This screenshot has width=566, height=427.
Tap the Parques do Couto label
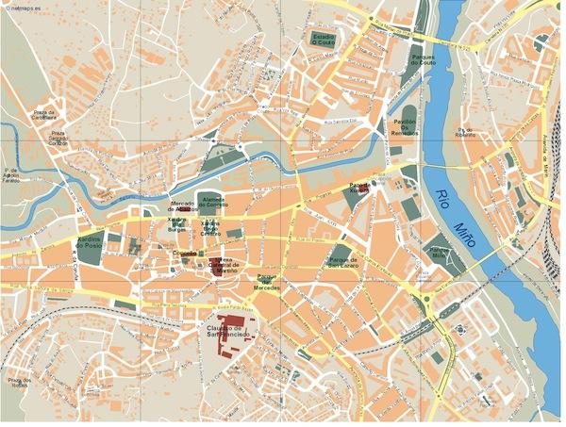pyautogui.click(x=422, y=60)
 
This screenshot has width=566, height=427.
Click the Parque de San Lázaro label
pyautogui.click(x=344, y=261)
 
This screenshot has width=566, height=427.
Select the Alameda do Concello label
pyautogui.click(x=212, y=204)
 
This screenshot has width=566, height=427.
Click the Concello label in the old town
pyautogui.click(x=184, y=255)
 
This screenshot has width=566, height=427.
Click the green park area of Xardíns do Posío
pyautogui.click(x=113, y=241)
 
